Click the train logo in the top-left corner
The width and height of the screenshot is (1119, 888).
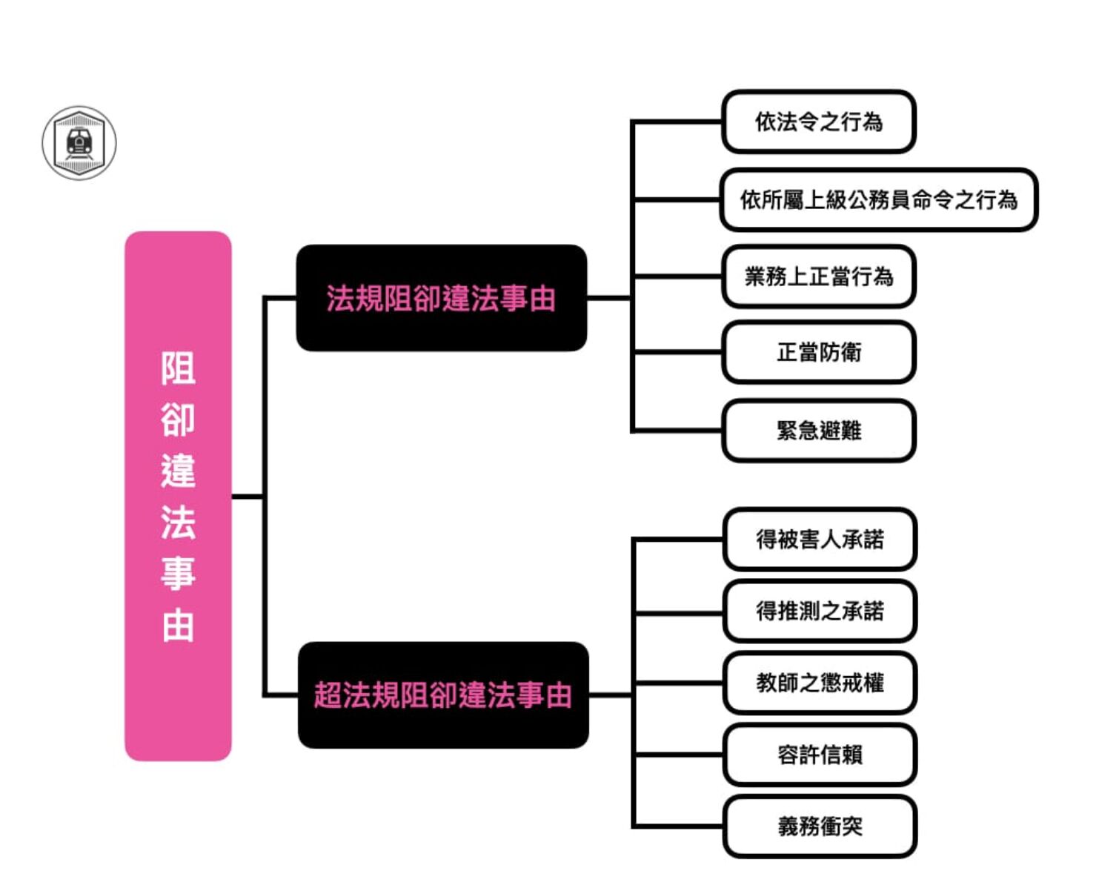(79, 142)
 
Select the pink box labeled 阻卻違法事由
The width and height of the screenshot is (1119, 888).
(178, 497)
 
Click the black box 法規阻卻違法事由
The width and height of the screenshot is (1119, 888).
(442, 298)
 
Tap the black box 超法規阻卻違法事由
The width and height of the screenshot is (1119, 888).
(443, 695)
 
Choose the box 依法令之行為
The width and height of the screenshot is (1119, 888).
(819, 122)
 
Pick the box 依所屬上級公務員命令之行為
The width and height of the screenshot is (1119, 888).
(878, 199)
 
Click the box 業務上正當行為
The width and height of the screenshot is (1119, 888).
(819, 276)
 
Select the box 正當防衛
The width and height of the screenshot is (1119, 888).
(819, 352)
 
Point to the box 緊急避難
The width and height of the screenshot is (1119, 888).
(819, 430)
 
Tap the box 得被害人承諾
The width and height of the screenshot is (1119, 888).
(820, 539)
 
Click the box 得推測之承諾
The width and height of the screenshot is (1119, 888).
(820, 611)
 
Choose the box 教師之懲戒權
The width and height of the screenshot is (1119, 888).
(820, 683)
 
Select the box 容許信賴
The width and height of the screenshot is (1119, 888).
(820, 755)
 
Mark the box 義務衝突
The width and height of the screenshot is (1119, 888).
(820, 826)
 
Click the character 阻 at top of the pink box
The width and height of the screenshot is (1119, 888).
(178, 368)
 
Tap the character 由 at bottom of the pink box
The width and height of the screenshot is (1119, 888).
(178, 626)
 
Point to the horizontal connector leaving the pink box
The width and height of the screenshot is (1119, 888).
(248, 497)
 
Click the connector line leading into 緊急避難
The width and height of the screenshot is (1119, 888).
(678, 430)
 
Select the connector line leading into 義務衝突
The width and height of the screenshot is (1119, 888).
(678, 826)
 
